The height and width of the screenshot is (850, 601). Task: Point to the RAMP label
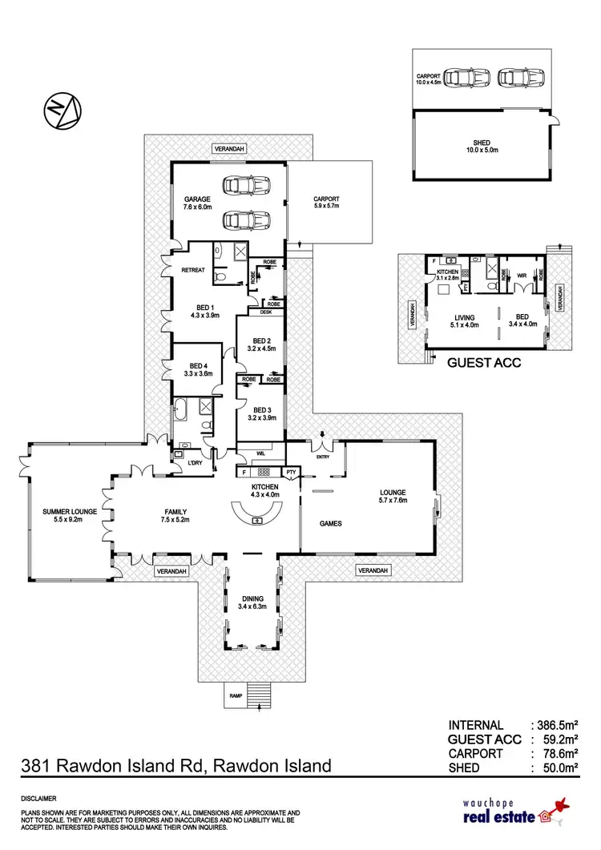(236, 696)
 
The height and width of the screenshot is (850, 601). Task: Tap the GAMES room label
(330, 523)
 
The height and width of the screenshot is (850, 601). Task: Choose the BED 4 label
(196, 368)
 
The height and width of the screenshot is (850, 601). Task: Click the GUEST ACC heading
(483, 363)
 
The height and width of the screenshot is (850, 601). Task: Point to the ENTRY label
(323, 457)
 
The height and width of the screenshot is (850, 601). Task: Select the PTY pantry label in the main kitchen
(291, 473)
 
